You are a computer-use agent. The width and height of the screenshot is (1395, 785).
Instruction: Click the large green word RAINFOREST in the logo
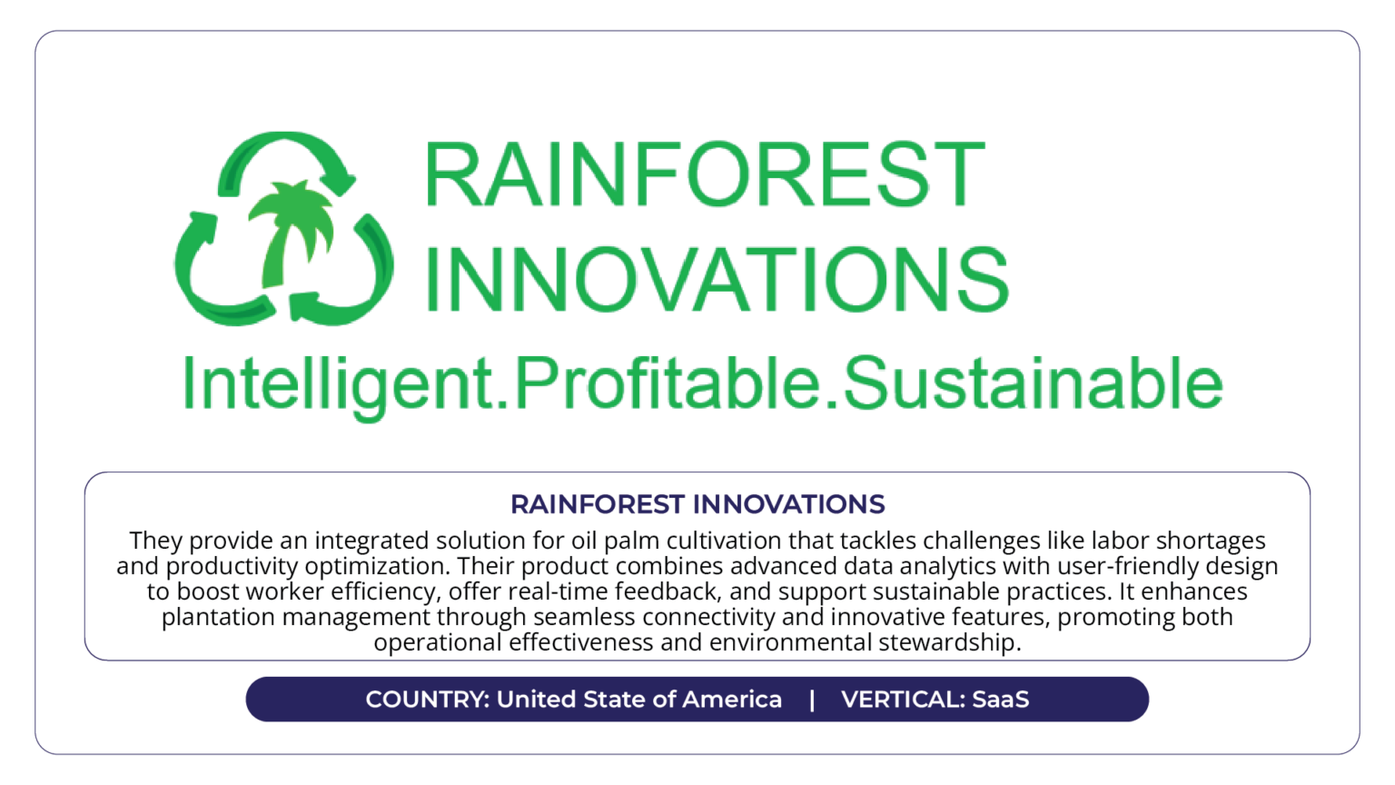coord(705,174)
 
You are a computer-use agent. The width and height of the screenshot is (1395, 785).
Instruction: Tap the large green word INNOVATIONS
coord(717,278)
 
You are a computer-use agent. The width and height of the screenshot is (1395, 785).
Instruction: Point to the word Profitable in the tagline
coord(667,383)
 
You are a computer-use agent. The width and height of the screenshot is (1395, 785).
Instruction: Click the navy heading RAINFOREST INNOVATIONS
coord(697,504)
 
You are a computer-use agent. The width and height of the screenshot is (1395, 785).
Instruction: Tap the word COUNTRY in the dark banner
coord(427,700)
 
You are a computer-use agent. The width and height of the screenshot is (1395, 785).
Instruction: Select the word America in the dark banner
coord(732,700)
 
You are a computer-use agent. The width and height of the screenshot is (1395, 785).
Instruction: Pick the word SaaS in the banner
coord(1001,700)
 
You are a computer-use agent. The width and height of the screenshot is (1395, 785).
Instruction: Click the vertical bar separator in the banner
coord(811,700)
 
